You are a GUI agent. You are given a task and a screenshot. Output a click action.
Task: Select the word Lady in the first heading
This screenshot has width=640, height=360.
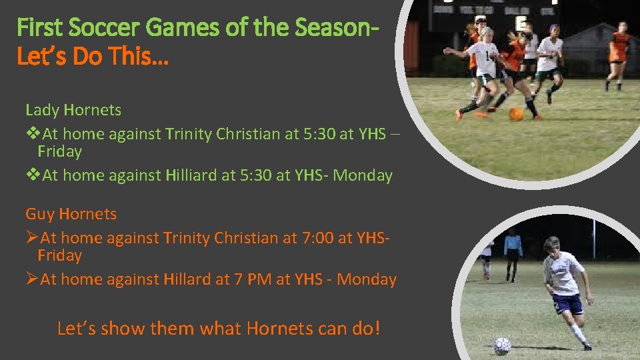pyautogui.click(x=41, y=109)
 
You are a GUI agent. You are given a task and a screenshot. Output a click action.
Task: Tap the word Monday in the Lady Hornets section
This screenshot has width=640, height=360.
pyautogui.click(x=363, y=175)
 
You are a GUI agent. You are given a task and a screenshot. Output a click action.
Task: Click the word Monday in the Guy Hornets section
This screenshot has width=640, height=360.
pyautogui.click(x=367, y=279)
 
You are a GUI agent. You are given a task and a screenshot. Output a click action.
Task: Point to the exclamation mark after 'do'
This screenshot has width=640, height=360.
pyautogui.click(x=377, y=328)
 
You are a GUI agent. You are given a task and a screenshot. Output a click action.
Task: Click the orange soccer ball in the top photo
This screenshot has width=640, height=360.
pyautogui.click(x=516, y=114)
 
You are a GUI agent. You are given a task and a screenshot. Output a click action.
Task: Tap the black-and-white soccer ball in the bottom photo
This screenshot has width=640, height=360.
pyautogui.click(x=501, y=345)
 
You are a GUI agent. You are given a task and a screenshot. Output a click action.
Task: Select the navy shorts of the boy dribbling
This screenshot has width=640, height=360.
pyautogui.click(x=567, y=304)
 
